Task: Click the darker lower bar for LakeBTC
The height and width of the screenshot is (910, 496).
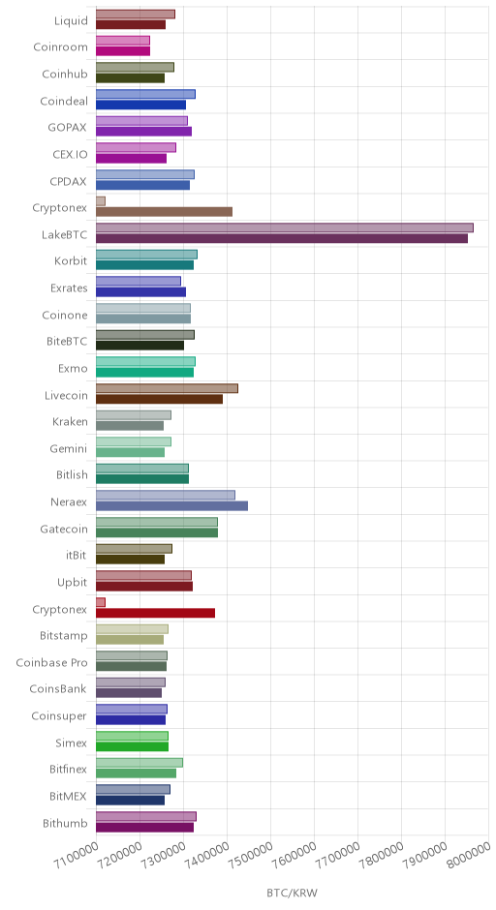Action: click(x=282, y=238)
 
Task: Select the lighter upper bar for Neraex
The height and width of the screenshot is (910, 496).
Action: click(x=166, y=495)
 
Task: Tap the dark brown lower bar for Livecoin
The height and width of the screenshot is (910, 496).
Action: click(x=159, y=399)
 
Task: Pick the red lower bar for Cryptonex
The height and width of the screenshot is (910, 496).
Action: click(x=155, y=613)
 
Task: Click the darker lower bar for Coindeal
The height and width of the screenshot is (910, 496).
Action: click(x=140, y=106)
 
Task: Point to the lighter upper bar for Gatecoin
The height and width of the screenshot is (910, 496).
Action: click(x=157, y=522)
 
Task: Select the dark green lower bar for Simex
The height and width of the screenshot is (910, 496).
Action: click(x=132, y=746)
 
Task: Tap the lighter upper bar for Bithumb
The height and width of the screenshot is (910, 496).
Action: click(x=145, y=816)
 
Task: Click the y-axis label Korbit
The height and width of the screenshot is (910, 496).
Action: click(x=71, y=260)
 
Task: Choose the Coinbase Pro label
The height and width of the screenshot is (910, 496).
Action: click(x=51, y=662)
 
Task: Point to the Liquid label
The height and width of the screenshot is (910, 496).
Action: click(x=71, y=21)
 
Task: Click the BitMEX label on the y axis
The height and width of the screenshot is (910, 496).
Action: click(x=69, y=796)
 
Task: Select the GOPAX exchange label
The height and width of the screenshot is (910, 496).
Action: click(x=68, y=127)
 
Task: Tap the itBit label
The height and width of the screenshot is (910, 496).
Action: click(x=77, y=555)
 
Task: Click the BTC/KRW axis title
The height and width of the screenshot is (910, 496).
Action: click(x=293, y=893)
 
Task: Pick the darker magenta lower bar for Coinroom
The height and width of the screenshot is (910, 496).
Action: click(x=123, y=51)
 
